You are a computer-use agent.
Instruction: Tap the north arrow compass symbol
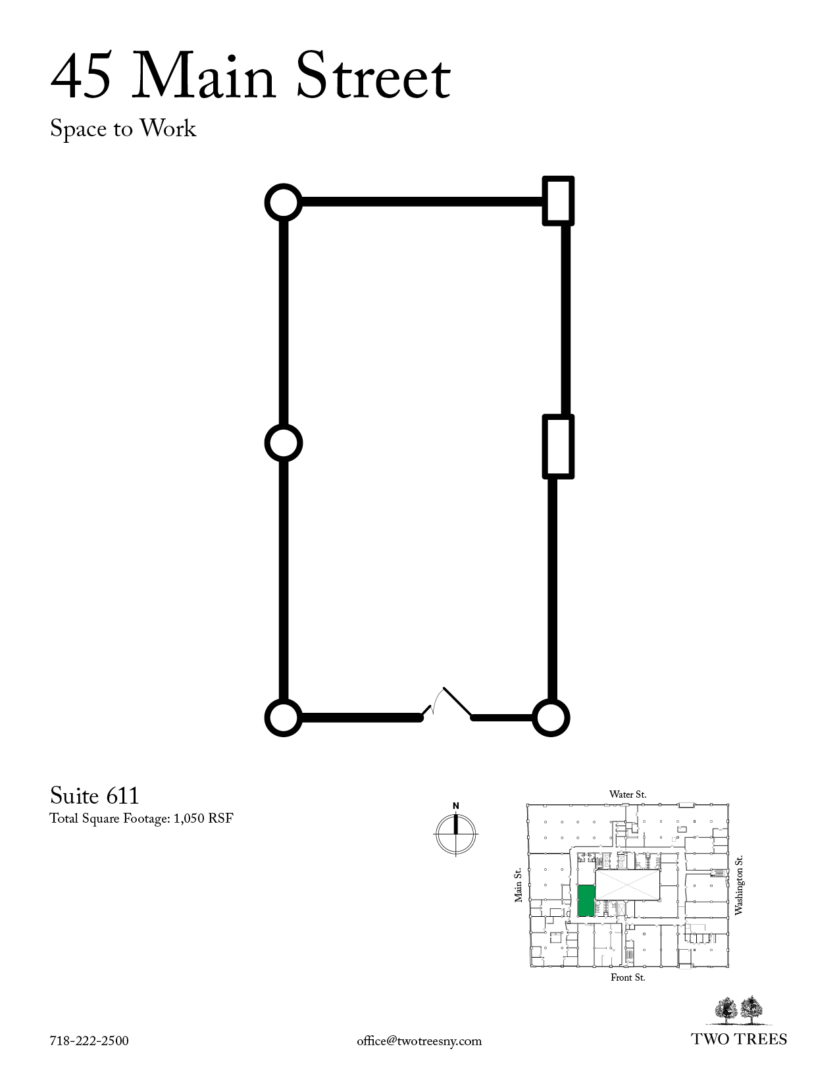456,829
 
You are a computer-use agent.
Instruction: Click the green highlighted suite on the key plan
586,900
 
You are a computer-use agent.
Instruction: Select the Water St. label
628,794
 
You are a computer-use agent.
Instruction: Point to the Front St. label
628,977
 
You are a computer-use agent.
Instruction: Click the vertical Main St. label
518,885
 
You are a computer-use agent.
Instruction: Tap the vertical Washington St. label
738,885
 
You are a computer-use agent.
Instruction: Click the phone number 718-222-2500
89,1041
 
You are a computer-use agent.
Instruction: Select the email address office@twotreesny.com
419,1041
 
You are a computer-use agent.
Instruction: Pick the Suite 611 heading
94,796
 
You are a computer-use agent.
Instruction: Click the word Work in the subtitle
168,128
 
